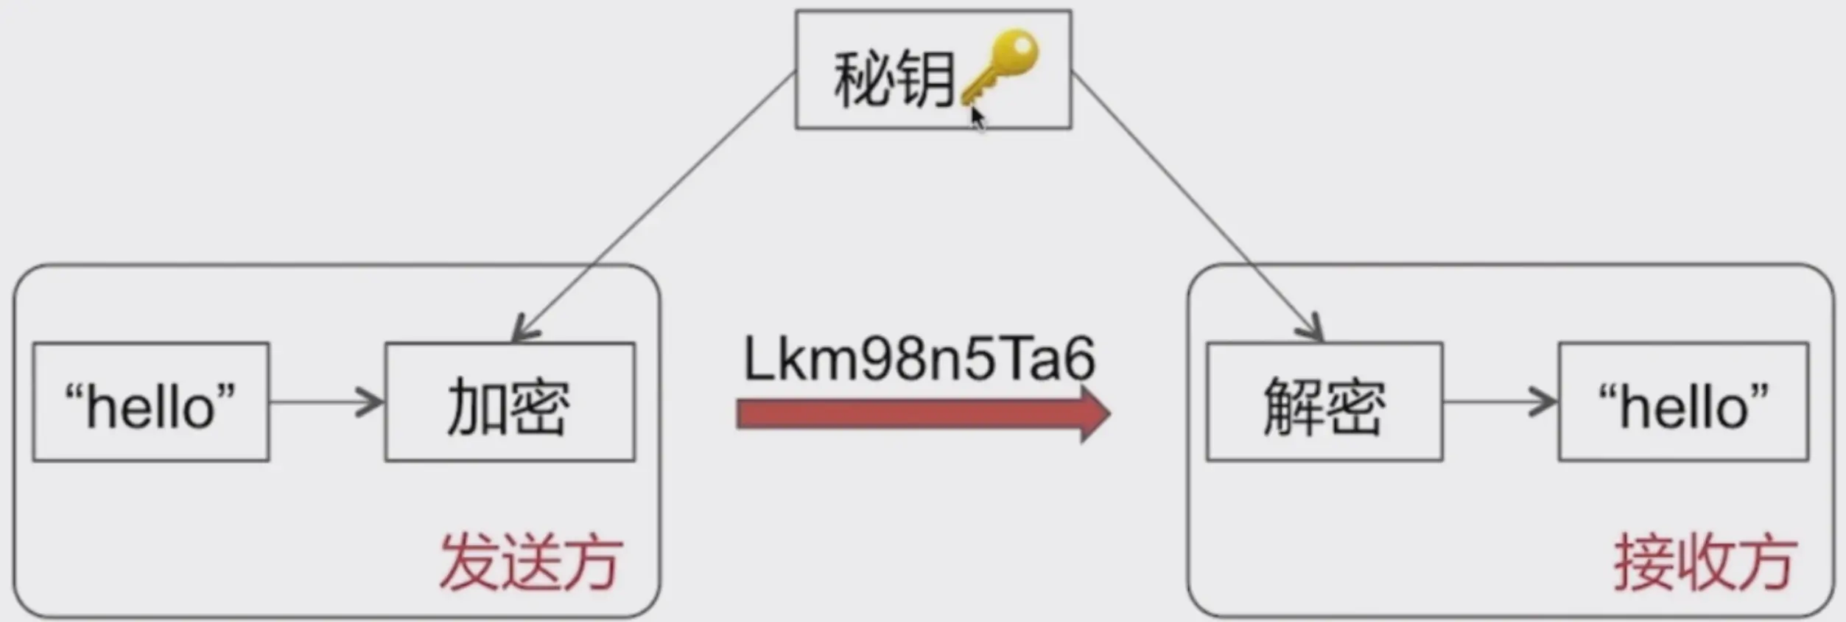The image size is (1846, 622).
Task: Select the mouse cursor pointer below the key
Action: tap(978, 119)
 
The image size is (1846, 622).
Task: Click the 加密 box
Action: tap(510, 402)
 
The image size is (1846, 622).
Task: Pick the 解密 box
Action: tap(1324, 402)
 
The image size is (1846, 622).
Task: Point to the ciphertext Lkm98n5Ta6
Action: tap(919, 360)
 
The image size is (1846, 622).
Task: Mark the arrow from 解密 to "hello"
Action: tap(1500, 402)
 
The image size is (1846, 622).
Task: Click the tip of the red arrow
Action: tap(1106, 414)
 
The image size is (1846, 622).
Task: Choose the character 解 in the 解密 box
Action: tap(1293, 406)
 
